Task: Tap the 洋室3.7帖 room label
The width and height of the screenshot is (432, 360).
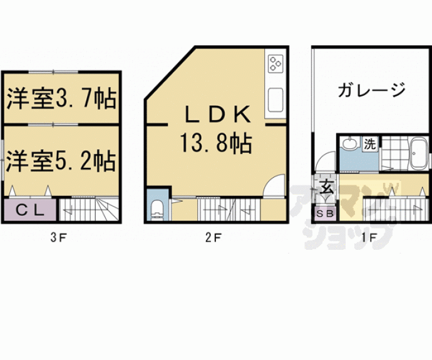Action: (x=61, y=98)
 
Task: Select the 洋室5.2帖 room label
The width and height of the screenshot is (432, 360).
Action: (x=61, y=162)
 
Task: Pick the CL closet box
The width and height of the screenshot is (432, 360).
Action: (x=29, y=210)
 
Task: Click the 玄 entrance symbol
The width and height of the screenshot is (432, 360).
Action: (x=326, y=187)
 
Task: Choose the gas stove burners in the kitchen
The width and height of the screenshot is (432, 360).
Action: (x=275, y=63)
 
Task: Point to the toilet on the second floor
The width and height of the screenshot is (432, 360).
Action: (x=157, y=210)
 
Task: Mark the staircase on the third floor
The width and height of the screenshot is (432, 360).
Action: (x=88, y=209)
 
